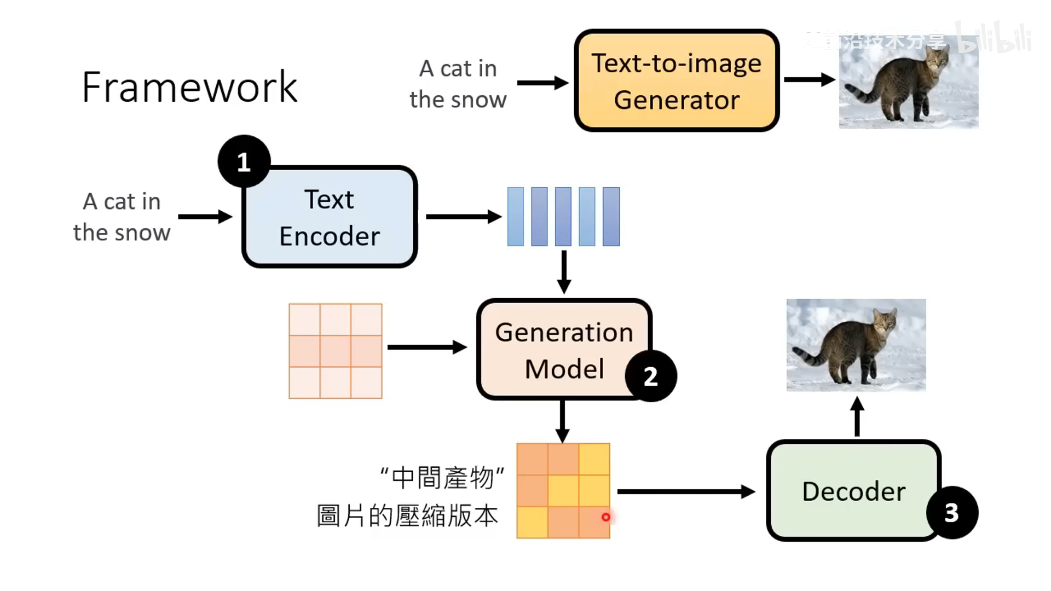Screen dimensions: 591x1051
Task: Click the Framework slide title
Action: click(189, 87)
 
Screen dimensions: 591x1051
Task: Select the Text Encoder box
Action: click(330, 217)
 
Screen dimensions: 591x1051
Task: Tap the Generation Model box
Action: click(563, 350)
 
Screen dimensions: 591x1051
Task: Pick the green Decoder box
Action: click(853, 491)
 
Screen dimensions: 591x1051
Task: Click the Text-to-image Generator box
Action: click(677, 81)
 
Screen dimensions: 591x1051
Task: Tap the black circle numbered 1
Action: click(244, 161)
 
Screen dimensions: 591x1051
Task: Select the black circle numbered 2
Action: click(651, 376)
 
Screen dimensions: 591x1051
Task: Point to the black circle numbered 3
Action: click(952, 513)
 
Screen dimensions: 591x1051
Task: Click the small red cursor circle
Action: click(605, 517)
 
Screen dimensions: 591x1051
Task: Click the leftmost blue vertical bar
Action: click(516, 217)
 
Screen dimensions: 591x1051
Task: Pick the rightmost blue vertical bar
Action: click(611, 217)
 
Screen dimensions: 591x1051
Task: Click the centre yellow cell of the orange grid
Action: click(563, 491)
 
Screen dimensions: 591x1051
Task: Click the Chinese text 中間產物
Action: click(442, 478)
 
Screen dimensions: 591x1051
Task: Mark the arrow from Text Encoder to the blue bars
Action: click(463, 217)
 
